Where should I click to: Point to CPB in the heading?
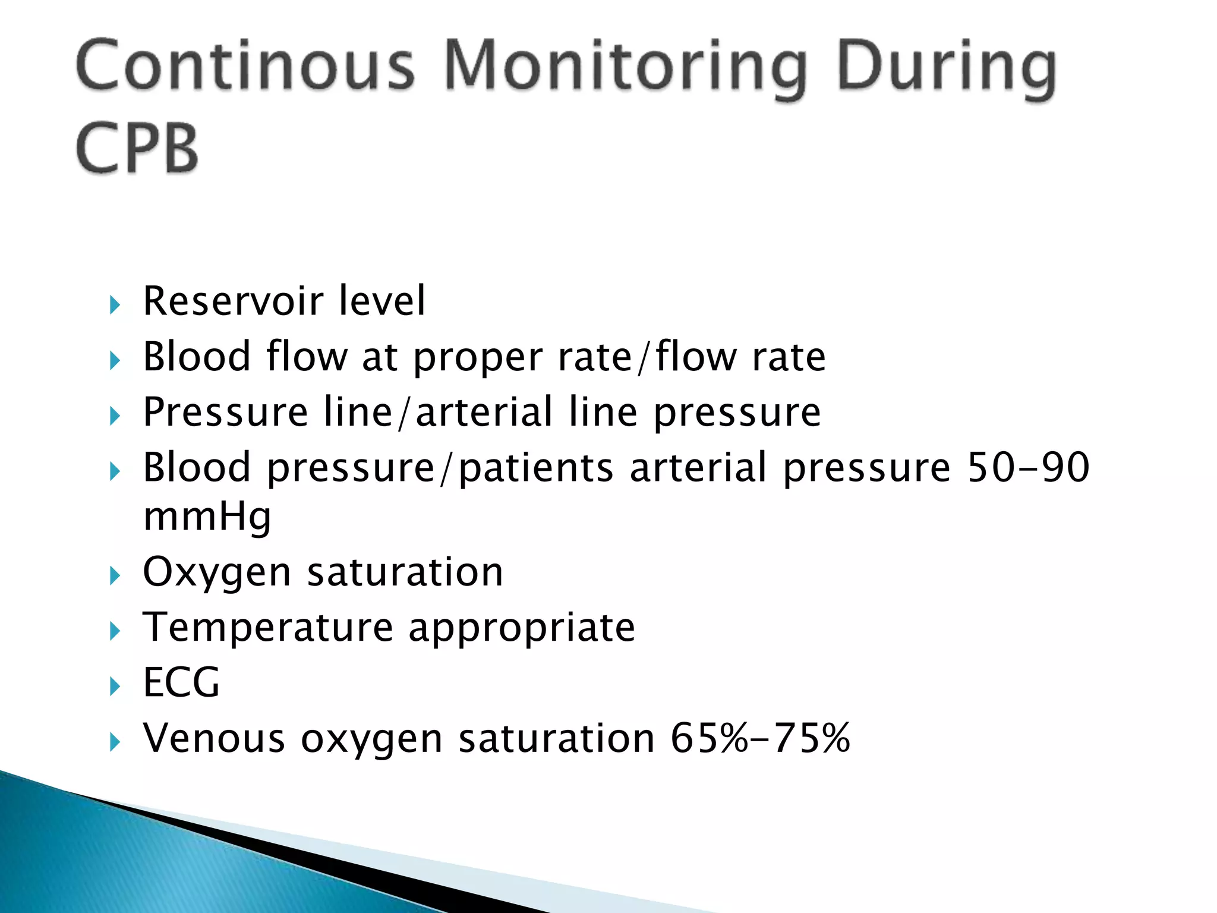tap(137, 149)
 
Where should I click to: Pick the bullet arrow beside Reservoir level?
tap(115, 306)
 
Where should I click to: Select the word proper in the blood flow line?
tap(477, 358)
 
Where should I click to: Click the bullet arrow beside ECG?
tap(115, 687)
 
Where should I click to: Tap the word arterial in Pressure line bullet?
tap(484, 412)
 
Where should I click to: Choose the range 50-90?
tap(1028, 467)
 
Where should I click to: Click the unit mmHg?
tap(207, 517)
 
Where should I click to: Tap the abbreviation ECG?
tap(181, 682)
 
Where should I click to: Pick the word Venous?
tap(214, 738)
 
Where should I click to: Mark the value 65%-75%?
tap(760, 738)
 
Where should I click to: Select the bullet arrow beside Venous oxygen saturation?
tap(115, 741)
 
